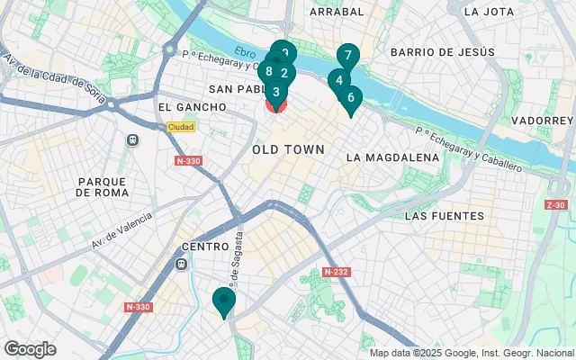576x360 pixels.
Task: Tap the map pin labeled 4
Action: click(338, 80)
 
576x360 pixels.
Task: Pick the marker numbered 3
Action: click(276, 92)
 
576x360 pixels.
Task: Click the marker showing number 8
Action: click(268, 72)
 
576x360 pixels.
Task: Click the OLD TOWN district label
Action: click(288, 148)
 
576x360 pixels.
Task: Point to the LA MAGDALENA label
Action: click(392, 157)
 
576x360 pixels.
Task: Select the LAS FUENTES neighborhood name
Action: click(445, 216)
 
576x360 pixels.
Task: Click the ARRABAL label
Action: click(337, 12)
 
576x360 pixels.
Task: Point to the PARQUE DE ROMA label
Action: click(106, 186)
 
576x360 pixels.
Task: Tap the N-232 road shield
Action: click(337, 273)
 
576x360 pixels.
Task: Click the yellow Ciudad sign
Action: click(180, 127)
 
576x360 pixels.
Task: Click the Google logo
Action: click(30, 348)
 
